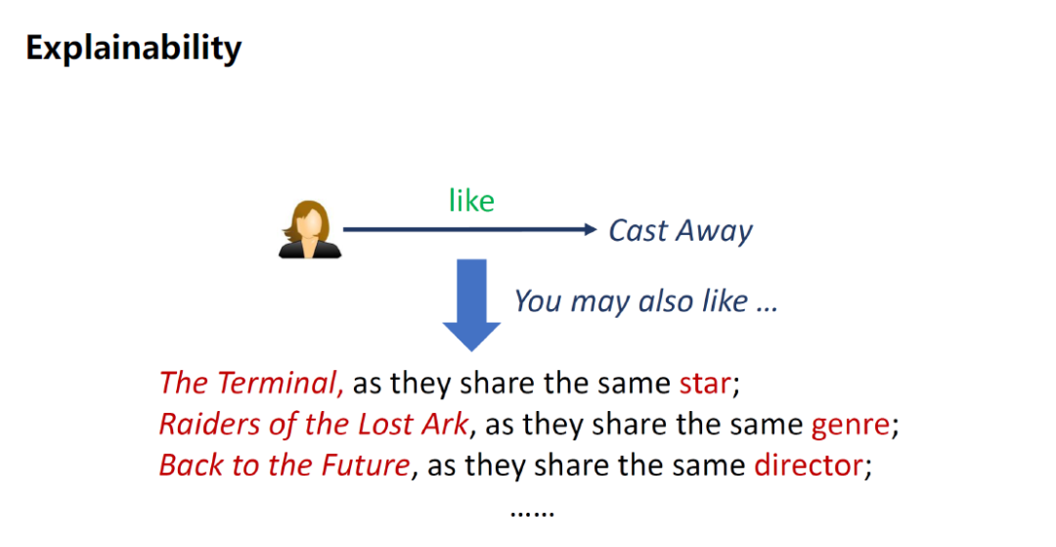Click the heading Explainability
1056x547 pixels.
(133, 49)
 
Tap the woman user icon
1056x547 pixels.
(310, 229)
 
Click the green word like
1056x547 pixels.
(471, 201)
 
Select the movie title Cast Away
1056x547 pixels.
(681, 231)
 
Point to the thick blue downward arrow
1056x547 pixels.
(471, 304)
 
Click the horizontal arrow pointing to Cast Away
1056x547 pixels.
(470, 230)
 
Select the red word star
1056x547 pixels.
(705, 384)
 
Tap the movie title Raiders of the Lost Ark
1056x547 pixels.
(314, 425)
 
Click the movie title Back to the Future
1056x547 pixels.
(285, 466)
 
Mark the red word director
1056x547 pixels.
(809, 466)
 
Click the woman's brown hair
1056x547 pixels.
(309, 215)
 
